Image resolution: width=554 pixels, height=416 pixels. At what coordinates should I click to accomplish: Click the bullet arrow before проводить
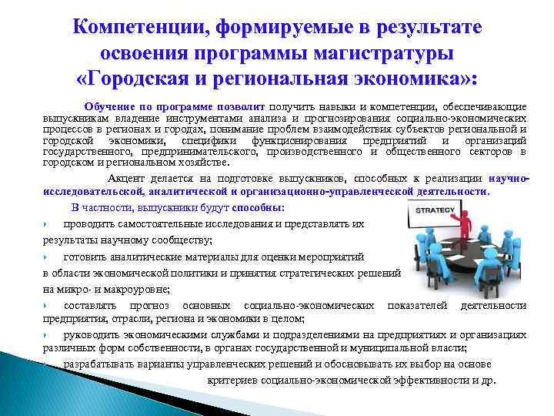(47, 224)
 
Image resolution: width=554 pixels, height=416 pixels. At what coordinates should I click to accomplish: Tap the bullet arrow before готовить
(47, 257)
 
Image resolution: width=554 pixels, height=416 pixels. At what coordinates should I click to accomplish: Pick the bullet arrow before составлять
(47, 307)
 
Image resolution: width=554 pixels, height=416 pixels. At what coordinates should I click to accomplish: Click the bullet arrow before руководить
(47, 335)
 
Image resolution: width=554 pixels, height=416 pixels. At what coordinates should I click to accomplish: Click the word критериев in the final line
(233, 381)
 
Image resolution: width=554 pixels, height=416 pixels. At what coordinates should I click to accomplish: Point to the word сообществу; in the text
(179, 240)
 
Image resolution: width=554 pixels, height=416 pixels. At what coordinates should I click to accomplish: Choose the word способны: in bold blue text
(256, 208)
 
